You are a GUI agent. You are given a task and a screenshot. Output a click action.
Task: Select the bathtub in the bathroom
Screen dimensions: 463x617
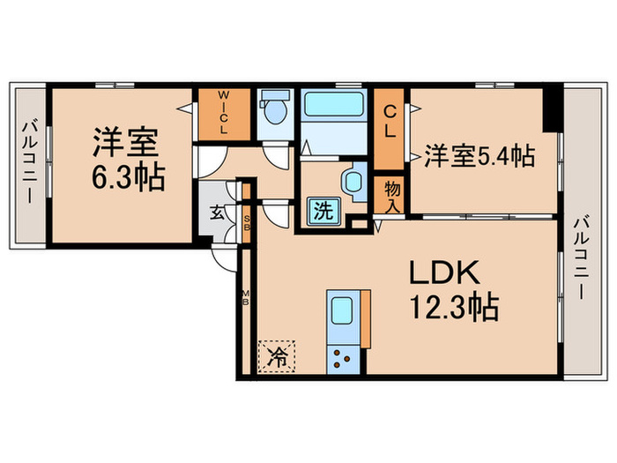pyautogui.click(x=335, y=108)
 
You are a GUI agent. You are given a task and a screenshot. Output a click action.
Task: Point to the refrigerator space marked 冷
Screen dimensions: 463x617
pyautogui.click(x=277, y=356)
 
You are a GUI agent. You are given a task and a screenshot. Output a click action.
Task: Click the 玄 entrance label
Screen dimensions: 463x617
pyautogui.click(x=216, y=212)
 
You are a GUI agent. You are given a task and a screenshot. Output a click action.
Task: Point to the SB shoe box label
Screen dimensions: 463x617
pyautogui.click(x=247, y=215)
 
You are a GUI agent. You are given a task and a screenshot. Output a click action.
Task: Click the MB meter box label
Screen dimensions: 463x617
pyautogui.click(x=246, y=299)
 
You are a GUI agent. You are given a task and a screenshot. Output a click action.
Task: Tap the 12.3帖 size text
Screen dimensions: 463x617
pyautogui.click(x=453, y=309)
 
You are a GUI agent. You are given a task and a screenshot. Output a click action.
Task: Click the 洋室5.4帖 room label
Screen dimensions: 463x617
pyautogui.click(x=479, y=156)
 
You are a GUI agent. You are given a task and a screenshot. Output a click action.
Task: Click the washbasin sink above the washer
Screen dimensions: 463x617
pyautogui.click(x=352, y=181)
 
